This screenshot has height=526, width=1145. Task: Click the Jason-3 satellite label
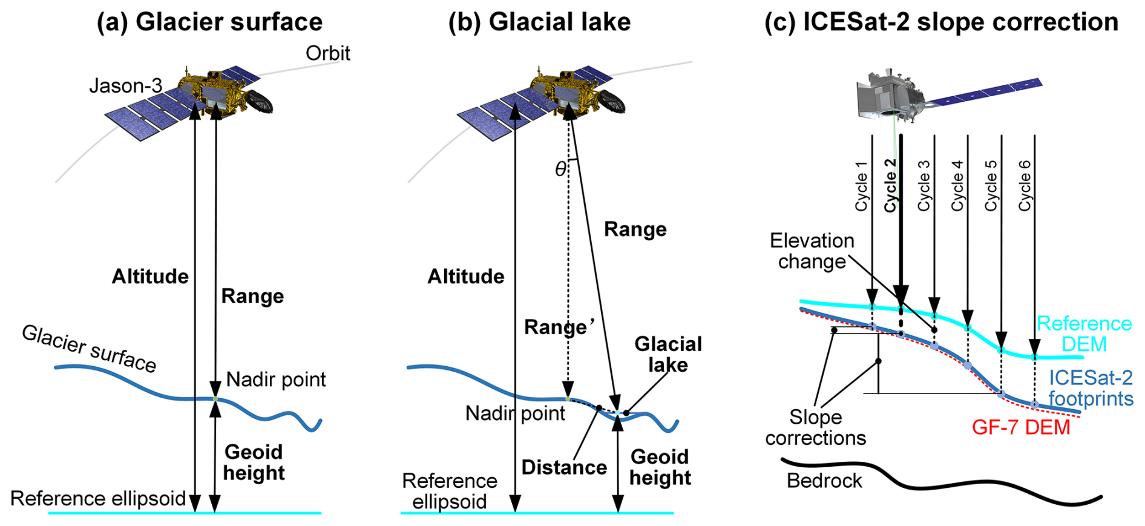(125, 86)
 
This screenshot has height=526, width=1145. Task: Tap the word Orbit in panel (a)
(327, 53)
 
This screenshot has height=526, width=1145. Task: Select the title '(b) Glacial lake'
(539, 22)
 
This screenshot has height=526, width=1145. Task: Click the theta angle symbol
(560, 169)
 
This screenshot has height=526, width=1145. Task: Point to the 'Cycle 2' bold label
(889, 185)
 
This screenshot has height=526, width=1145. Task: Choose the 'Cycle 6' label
(1024, 185)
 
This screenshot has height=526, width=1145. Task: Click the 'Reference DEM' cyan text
(1084, 334)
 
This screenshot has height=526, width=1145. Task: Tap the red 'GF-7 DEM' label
(1021, 427)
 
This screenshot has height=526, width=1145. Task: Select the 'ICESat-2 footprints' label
(1091, 388)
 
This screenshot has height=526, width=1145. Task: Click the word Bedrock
(824, 481)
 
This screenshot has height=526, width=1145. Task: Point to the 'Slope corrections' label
(815, 427)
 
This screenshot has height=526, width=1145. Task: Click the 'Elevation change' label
(812, 251)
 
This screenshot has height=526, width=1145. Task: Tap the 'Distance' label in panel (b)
(564, 467)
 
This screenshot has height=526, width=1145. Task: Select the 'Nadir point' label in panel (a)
(276, 380)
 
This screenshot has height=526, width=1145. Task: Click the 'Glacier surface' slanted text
(89, 349)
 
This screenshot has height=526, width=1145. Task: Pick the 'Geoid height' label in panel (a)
(254, 462)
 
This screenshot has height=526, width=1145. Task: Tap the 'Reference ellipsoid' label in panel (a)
(98, 498)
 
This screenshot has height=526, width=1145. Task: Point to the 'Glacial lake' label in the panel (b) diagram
(668, 354)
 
